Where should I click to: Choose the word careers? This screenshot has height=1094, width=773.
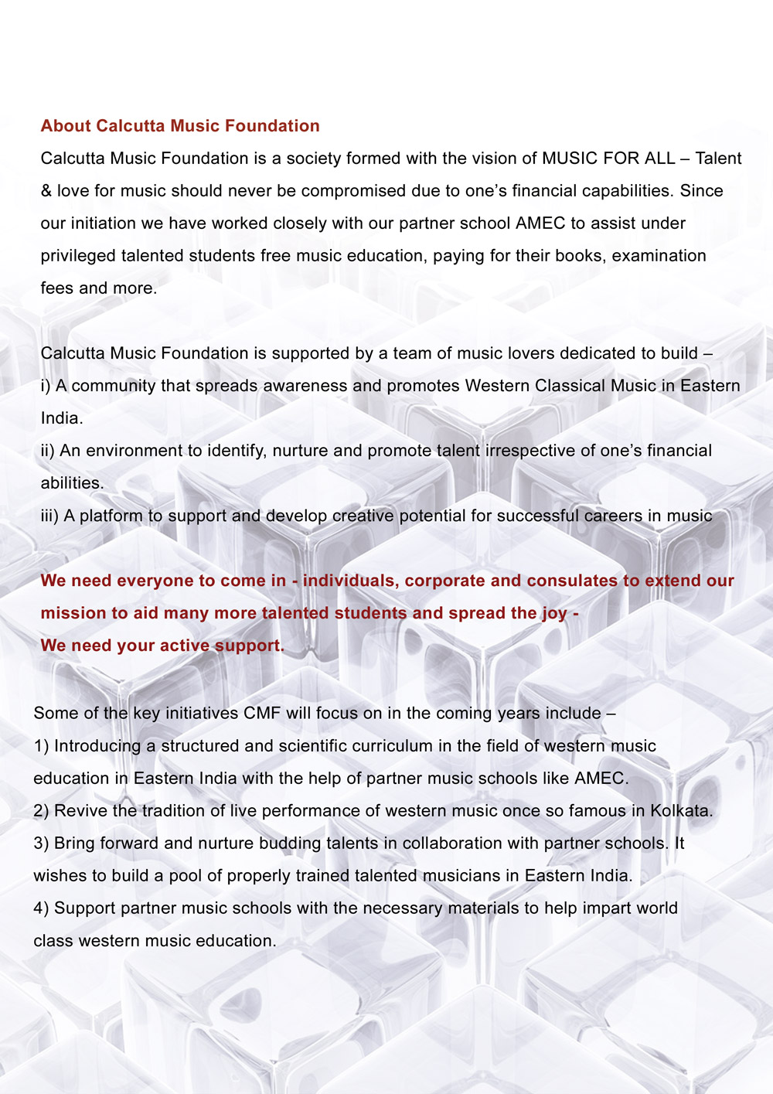613,516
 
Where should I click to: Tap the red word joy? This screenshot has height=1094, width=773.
554,613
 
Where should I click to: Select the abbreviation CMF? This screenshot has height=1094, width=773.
262,713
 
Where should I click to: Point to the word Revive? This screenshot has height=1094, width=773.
80,811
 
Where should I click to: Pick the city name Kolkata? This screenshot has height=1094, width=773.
679,811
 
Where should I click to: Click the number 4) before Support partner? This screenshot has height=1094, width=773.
41,908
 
